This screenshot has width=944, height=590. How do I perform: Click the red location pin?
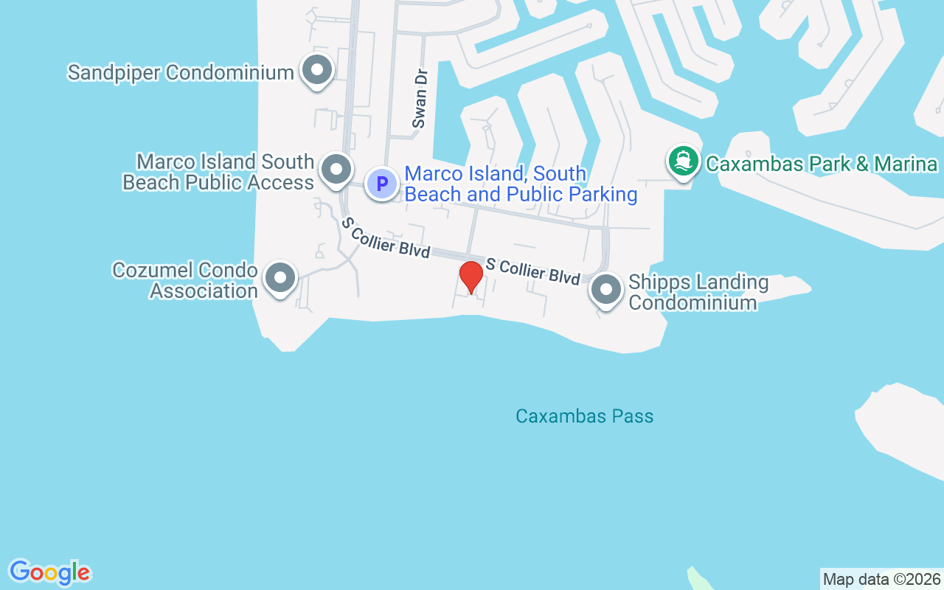tap(471, 277)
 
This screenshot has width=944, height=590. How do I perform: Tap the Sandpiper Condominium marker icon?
tap(318, 71)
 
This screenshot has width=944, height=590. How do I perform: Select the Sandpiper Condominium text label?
tap(181, 72)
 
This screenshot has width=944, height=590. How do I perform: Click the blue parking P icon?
tap(382, 183)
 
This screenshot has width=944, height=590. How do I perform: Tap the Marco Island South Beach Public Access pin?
tap(337, 170)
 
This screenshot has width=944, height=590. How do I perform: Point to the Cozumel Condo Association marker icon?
tap(280, 279)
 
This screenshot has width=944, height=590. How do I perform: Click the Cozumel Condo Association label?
tap(185, 280)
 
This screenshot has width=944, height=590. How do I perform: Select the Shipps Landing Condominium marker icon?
tap(606, 290)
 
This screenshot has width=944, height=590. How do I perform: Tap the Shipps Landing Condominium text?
tap(698, 292)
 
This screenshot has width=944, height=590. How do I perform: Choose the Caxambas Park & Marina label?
tap(821, 164)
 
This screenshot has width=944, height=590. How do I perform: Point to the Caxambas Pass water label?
tap(584, 416)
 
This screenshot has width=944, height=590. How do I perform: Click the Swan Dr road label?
tap(420, 109)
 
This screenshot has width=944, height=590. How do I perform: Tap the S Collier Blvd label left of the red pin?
tap(385, 237)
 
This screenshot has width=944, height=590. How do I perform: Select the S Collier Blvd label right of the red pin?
tap(532, 270)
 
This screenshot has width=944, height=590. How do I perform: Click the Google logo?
tap(49, 572)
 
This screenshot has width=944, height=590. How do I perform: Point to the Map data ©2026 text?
tap(881, 579)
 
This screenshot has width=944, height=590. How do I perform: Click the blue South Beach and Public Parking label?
tap(521, 184)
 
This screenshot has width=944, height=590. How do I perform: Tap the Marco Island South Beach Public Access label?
tap(218, 172)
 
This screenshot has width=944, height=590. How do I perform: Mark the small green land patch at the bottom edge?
tap(698, 580)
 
